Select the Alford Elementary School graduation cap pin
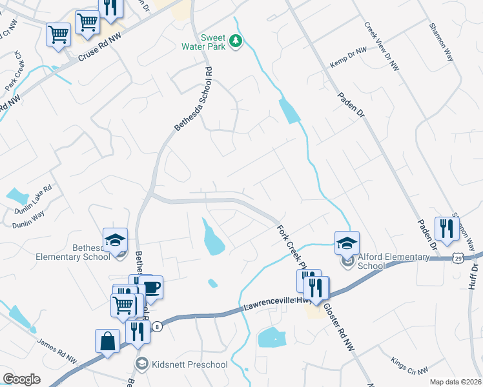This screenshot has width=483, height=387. tap(347, 243)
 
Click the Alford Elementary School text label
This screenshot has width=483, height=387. tap(393, 261)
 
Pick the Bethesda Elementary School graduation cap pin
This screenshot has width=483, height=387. tap(116, 241)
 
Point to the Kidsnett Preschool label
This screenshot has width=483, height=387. tap(189, 365)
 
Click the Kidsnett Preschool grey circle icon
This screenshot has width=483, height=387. tap(141, 364)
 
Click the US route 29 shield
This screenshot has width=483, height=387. tap(457, 257)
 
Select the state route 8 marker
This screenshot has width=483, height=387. tap(157, 327)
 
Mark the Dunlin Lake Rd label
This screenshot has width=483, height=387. tap(34, 196)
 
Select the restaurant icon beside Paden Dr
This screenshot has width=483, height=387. tap(446, 228)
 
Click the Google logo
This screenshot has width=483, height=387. tap(22, 379)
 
